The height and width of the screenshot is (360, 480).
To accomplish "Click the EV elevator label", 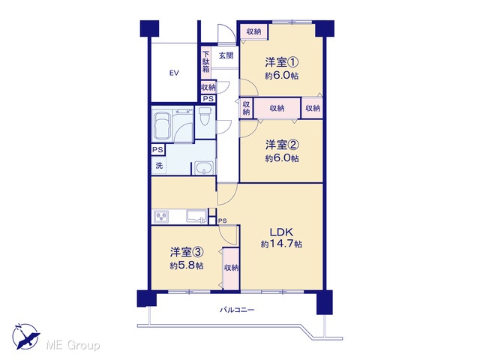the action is pos(174,73).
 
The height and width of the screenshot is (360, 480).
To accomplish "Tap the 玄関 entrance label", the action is pos(226,55).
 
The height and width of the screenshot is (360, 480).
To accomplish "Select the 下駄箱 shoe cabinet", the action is pos(206,61).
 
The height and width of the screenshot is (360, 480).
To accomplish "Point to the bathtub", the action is pos(162,125).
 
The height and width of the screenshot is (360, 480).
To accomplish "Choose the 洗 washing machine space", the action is pos(159,166).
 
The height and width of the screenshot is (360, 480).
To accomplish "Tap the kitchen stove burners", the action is pos(161,217).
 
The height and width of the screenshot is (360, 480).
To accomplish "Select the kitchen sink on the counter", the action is pos(196,217).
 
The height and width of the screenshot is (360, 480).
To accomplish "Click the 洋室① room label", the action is pos(282,62).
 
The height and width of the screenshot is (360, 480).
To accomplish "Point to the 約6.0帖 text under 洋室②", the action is pos(282,158).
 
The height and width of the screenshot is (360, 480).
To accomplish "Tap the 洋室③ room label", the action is pos(187,253).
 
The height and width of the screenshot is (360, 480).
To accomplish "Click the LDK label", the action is pos(281,232).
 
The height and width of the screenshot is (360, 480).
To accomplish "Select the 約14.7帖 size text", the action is pos(281,244).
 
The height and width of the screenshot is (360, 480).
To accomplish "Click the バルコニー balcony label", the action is pos(237,310).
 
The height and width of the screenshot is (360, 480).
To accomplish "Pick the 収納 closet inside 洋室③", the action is pos(231,268).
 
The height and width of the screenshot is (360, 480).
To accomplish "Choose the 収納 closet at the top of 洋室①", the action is pos(253,31).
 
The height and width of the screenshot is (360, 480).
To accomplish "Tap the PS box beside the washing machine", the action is pos(158,150).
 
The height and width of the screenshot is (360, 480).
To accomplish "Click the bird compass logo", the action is pos(25,337).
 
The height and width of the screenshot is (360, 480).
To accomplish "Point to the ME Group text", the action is pos(73,345).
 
